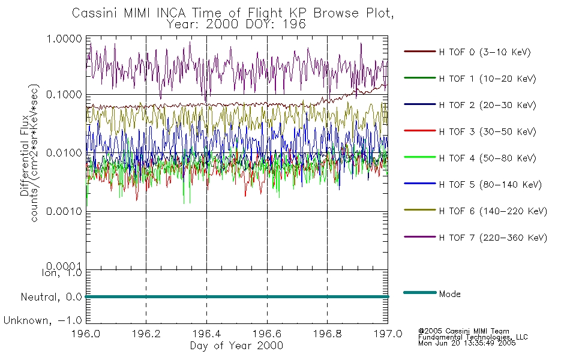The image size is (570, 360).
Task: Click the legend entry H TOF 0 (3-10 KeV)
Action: click(467, 52)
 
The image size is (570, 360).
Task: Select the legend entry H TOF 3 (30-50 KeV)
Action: click(470, 131)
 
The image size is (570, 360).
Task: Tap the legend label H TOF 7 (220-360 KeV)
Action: click(493, 238)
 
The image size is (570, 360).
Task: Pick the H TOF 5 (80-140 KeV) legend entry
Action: click(473, 184)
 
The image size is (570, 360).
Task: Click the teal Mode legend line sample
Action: click(420, 292)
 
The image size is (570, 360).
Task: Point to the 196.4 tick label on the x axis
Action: click(206, 334)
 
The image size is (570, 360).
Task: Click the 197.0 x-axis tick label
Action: click(388, 334)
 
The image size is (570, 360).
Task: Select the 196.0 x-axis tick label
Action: click(86, 334)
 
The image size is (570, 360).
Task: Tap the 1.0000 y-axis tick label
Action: click(64, 38)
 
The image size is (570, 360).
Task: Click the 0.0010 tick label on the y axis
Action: click(64, 211)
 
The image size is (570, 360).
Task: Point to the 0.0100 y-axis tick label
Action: click(64, 153)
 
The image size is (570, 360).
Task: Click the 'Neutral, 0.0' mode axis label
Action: click(52, 297)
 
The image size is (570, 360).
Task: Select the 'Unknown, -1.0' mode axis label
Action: click(43, 320)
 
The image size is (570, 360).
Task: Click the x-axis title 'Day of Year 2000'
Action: click(236, 346)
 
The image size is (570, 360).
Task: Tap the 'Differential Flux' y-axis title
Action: click(25, 155)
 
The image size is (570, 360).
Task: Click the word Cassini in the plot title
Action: click(95, 13)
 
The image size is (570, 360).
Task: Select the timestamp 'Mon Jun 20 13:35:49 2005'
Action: click(467, 343)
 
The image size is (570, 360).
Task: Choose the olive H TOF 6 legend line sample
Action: click(420, 210)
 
